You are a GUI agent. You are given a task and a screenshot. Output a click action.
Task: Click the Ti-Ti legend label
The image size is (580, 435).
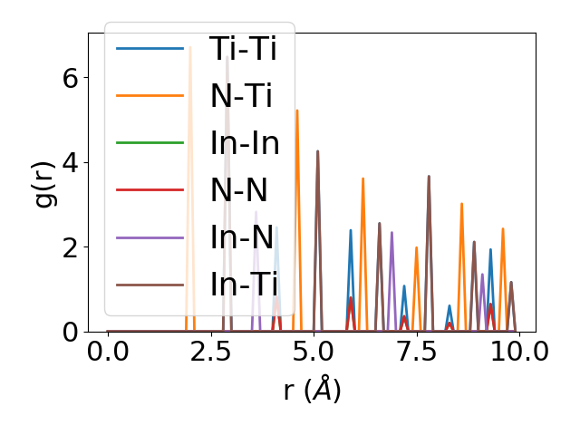243,49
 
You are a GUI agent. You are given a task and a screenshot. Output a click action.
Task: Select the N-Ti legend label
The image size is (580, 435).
242,96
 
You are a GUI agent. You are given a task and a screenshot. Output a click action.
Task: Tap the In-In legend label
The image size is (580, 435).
244,143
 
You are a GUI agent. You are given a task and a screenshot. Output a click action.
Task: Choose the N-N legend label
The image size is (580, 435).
239,190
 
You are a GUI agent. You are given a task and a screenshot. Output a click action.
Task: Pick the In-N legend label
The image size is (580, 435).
242,237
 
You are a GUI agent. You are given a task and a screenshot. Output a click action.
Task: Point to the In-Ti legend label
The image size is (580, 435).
244,285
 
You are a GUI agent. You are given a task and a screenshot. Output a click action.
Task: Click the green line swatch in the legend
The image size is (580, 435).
150,143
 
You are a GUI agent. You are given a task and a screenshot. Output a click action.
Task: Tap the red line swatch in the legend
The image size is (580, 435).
150,190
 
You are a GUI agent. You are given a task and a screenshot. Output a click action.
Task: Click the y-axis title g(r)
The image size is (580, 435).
44,182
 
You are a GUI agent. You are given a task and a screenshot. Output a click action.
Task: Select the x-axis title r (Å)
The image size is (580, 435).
312,390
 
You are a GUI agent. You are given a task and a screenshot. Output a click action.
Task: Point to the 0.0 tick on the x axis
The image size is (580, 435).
108,351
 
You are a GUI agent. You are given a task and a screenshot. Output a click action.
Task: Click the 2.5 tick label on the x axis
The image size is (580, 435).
210,351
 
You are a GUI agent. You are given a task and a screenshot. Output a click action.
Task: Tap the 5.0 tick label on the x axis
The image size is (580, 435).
314,351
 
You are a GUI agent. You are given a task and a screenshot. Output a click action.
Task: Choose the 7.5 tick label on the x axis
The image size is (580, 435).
416,351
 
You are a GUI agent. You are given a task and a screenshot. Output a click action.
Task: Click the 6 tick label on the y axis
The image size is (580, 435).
71,78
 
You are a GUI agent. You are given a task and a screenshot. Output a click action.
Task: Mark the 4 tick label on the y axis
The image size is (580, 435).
71,163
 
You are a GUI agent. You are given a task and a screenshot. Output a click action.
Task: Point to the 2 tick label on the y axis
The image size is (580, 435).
71,247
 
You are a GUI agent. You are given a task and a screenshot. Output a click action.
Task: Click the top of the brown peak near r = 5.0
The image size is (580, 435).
317,151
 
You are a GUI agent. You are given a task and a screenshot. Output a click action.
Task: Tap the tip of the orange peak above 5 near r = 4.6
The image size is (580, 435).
296,111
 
